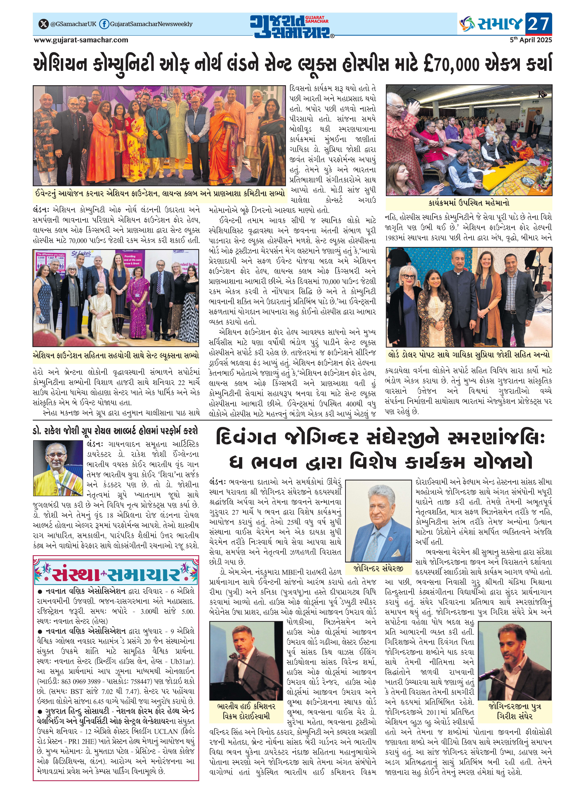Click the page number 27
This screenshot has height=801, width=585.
pyautogui.click(x=538, y=24)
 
